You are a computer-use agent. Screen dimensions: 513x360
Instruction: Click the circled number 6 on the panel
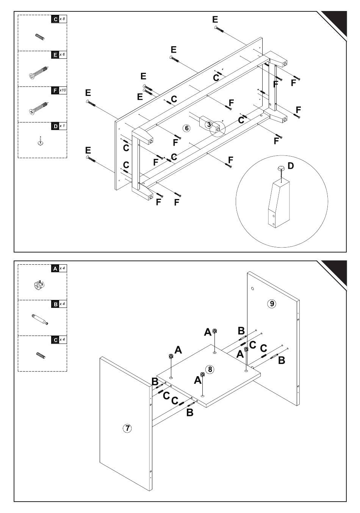point(186,128)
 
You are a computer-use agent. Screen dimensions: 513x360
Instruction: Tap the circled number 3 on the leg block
point(209,124)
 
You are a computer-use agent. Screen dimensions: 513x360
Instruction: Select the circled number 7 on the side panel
point(128,428)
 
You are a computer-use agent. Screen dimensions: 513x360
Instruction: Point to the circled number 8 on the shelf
point(210,369)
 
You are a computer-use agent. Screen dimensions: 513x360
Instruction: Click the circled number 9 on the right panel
point(271,303)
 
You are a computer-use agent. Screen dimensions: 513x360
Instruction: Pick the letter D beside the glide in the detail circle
point(291,166)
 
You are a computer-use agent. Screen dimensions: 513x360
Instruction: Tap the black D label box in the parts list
point(55,126)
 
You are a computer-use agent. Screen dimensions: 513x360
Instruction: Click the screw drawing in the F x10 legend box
point(39,108)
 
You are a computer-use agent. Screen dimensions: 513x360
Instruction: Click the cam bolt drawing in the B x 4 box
point(40,319)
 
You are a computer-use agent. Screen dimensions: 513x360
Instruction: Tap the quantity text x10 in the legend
point(63,91)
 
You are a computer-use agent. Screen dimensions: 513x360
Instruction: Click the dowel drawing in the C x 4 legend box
point(40,356)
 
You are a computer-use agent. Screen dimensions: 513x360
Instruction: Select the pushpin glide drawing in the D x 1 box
point(41,141)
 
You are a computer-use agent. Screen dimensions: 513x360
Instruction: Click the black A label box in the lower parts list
point(55,268)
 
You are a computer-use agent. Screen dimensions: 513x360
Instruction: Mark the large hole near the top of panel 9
point(253,289)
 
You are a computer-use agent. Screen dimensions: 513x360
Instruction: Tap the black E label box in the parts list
point(55,55)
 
